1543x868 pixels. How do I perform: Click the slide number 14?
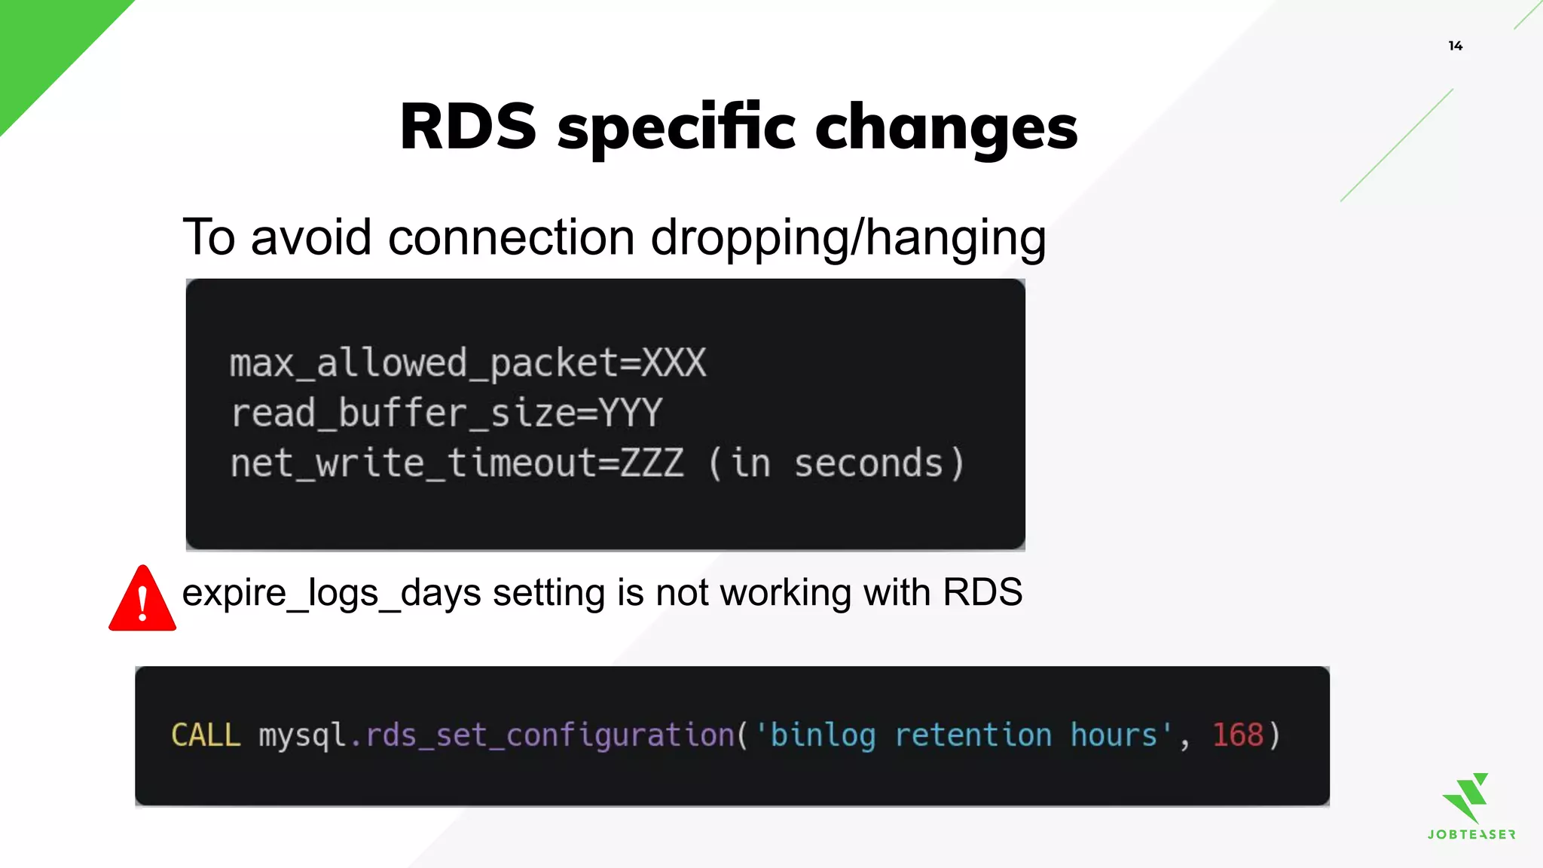(x=1455, y=46)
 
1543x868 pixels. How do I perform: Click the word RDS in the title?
(x=468, y=127)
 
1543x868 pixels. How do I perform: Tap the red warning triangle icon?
(x=142, y=600)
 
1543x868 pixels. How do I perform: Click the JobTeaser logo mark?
(x=1467, y=797)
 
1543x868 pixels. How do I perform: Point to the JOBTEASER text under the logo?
(x=1471, y=834)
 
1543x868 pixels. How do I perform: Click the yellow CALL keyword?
(x=206, y=735)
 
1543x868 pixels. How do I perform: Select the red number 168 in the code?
(x=1237, y=735)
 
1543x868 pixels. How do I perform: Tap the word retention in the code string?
(x=973, y=735)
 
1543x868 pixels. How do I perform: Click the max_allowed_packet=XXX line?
(x=468, y=363)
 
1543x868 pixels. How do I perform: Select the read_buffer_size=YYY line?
(x=446, y=413)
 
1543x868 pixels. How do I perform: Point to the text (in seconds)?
(x=836, y=463)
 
